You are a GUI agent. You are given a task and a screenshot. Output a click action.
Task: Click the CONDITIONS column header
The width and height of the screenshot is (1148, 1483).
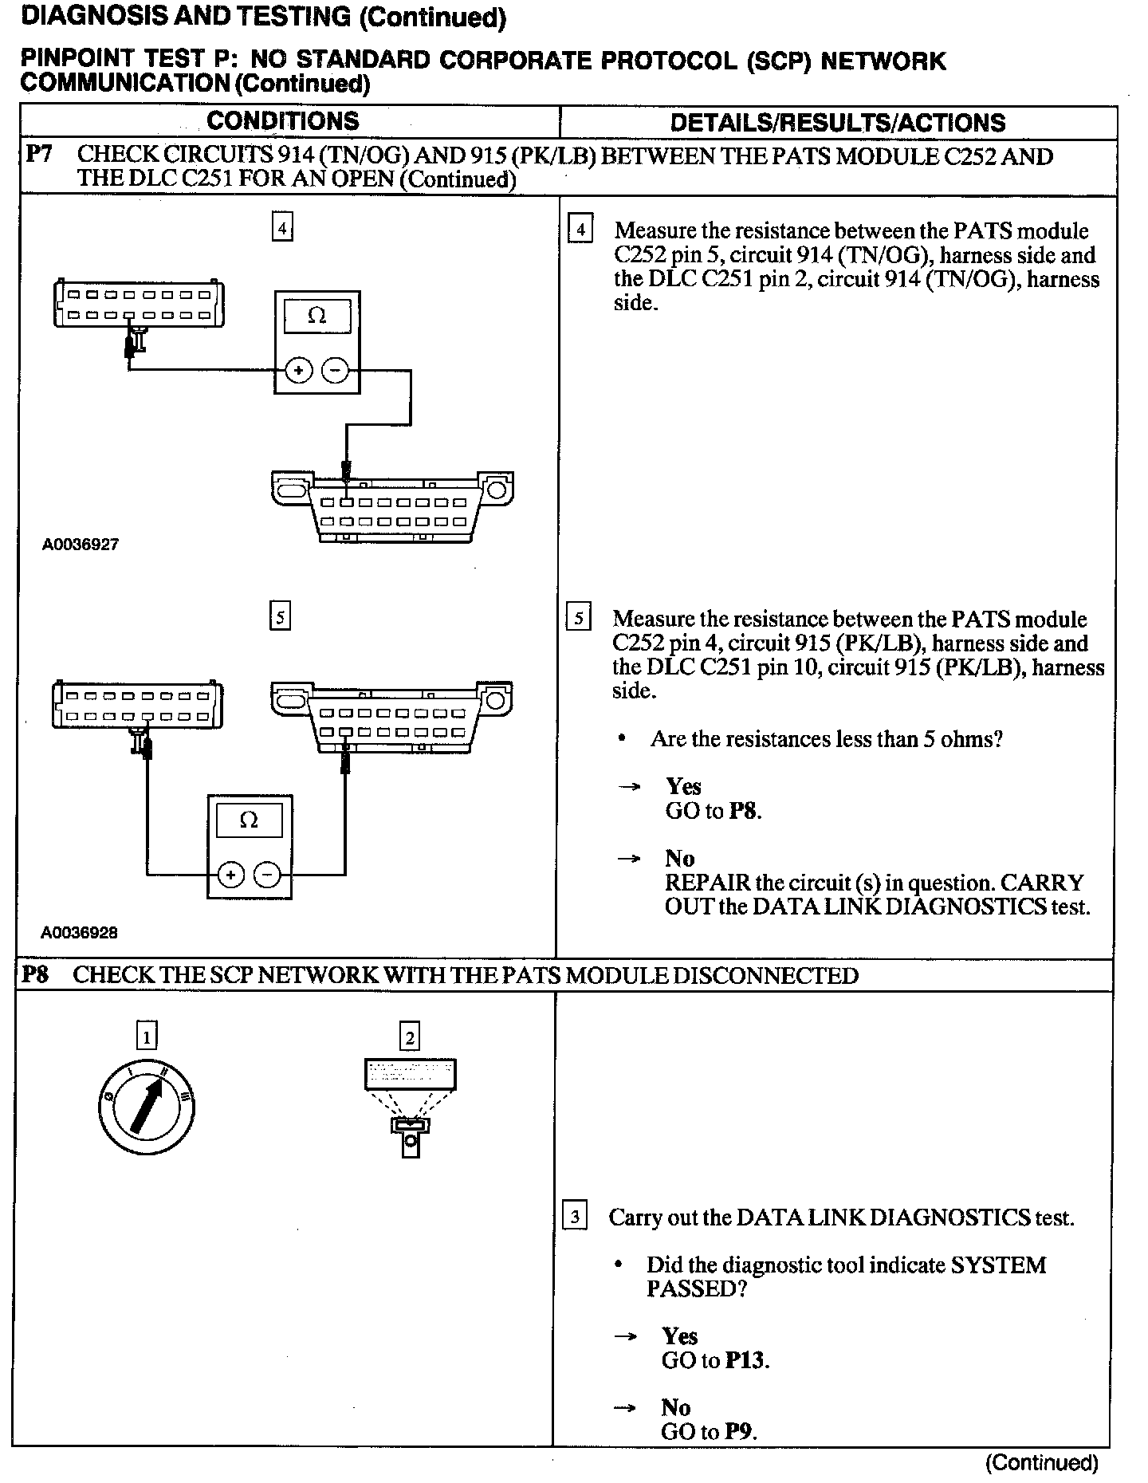pos(283,121)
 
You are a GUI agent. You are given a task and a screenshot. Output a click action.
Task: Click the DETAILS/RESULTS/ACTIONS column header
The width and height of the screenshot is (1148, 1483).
pos(838,123)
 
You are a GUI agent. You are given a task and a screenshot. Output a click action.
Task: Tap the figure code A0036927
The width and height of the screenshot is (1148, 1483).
pos(81,545)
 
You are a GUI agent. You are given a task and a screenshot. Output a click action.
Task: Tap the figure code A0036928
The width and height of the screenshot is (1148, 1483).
pos(80,932)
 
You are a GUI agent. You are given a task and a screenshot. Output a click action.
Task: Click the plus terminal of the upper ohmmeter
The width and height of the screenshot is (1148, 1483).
pos(298,371)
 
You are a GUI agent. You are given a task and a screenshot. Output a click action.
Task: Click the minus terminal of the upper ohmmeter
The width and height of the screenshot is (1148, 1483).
pos(335,371)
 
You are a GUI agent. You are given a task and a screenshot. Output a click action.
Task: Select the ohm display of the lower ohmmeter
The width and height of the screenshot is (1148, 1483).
pos(249,820)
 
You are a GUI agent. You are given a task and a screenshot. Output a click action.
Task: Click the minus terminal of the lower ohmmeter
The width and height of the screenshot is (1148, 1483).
pos(267,875)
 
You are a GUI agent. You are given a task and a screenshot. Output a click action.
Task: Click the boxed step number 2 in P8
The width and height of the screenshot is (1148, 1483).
pos(410,1037)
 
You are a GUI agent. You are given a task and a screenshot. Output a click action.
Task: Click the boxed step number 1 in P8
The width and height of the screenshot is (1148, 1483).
pos(147,1037)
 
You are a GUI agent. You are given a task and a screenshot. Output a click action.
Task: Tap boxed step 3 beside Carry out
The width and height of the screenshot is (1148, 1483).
pos(575,1217)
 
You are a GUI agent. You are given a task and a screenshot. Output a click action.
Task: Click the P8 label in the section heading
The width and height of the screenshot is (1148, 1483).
pos(35,974)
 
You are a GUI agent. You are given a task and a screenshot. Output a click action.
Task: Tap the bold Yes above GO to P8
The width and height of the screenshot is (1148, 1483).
pos(683,786)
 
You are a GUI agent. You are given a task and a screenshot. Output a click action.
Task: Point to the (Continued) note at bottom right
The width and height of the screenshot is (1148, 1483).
pos(1041,1462)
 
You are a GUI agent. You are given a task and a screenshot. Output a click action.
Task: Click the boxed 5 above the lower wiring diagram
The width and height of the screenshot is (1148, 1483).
pos(280,616)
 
